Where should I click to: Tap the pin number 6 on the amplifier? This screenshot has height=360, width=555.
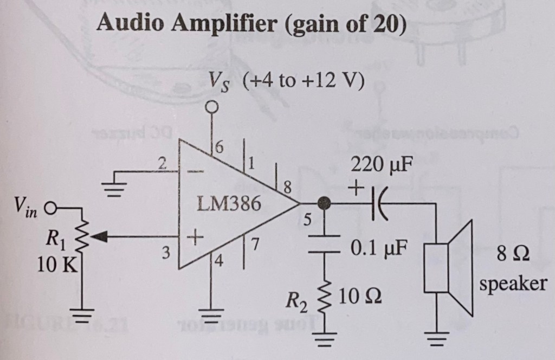point(218,147)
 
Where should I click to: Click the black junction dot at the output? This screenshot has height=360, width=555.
point(325,203)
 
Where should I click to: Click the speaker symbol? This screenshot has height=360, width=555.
point(450,268)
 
